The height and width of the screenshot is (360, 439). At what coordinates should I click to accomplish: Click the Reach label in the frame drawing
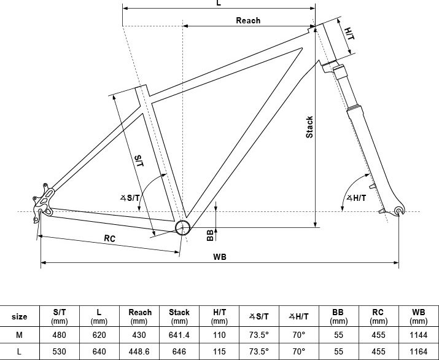click(x=248, y=20)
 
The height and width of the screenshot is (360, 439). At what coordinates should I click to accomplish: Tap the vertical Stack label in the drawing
click(x=309, y=127)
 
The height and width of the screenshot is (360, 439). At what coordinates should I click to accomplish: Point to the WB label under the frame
click(x=220, y=257)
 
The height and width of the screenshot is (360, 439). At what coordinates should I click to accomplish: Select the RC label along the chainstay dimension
click(x=109, y=238)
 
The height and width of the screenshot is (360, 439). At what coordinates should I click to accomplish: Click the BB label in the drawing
click(x=210, y=235)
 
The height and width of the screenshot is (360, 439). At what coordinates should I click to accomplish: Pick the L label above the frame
click(x=219, y=3)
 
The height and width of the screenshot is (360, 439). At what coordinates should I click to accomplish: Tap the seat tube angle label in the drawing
click(x=130, y=198)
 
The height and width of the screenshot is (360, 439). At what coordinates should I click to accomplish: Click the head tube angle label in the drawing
click(x=356, y=198)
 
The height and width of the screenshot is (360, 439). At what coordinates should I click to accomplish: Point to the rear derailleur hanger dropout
click(x=42, y=202)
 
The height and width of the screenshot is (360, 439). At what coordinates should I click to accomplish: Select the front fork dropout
click(x=399, y=211)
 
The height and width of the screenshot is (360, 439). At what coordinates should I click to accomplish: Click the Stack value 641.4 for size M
click(x=179, y=335)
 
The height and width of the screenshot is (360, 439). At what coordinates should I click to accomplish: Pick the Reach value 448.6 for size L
click(x=139, y=351)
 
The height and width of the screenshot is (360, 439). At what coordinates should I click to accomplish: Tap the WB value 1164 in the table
click(x=419, y=351)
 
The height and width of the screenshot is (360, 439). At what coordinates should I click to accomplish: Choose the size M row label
click(x=19, y=335)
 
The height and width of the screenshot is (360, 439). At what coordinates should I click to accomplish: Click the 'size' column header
click(x=19, y=316)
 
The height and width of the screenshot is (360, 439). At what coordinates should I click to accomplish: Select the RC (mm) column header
click(x=378, y=316)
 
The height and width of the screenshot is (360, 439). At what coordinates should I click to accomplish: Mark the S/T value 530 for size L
click(x=60, y=351)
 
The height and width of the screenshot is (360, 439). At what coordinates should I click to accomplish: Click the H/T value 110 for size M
click(x=219, y=335)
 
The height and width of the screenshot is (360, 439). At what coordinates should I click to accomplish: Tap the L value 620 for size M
click(x=99, y=335)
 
